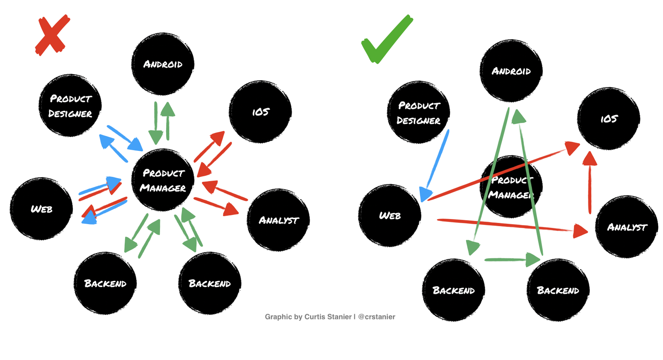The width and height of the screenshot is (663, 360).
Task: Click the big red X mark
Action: coord(52,35)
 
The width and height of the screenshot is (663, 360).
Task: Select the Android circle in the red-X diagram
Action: coord(163,64)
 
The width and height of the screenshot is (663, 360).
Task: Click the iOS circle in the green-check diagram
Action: coord(608,118)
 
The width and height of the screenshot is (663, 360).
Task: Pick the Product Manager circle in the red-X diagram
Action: coord(163,180)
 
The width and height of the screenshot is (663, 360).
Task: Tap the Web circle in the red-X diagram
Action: coord(41,209)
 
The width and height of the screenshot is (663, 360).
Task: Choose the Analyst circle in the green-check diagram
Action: coord(627,227)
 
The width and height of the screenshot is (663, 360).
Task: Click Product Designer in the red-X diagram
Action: coord(70,106)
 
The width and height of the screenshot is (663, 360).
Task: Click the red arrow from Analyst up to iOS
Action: coord(590,182)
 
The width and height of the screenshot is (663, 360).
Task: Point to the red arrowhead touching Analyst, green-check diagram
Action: coord(580,231)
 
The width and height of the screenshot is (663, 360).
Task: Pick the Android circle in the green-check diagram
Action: coord(511,71)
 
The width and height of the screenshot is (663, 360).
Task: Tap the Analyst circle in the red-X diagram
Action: coord(278,220)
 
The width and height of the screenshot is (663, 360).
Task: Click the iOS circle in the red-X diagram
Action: coord(260,112)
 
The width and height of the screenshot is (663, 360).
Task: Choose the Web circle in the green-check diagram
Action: coord(390,215)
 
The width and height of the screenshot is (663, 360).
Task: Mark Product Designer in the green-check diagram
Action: coord(419,113)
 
